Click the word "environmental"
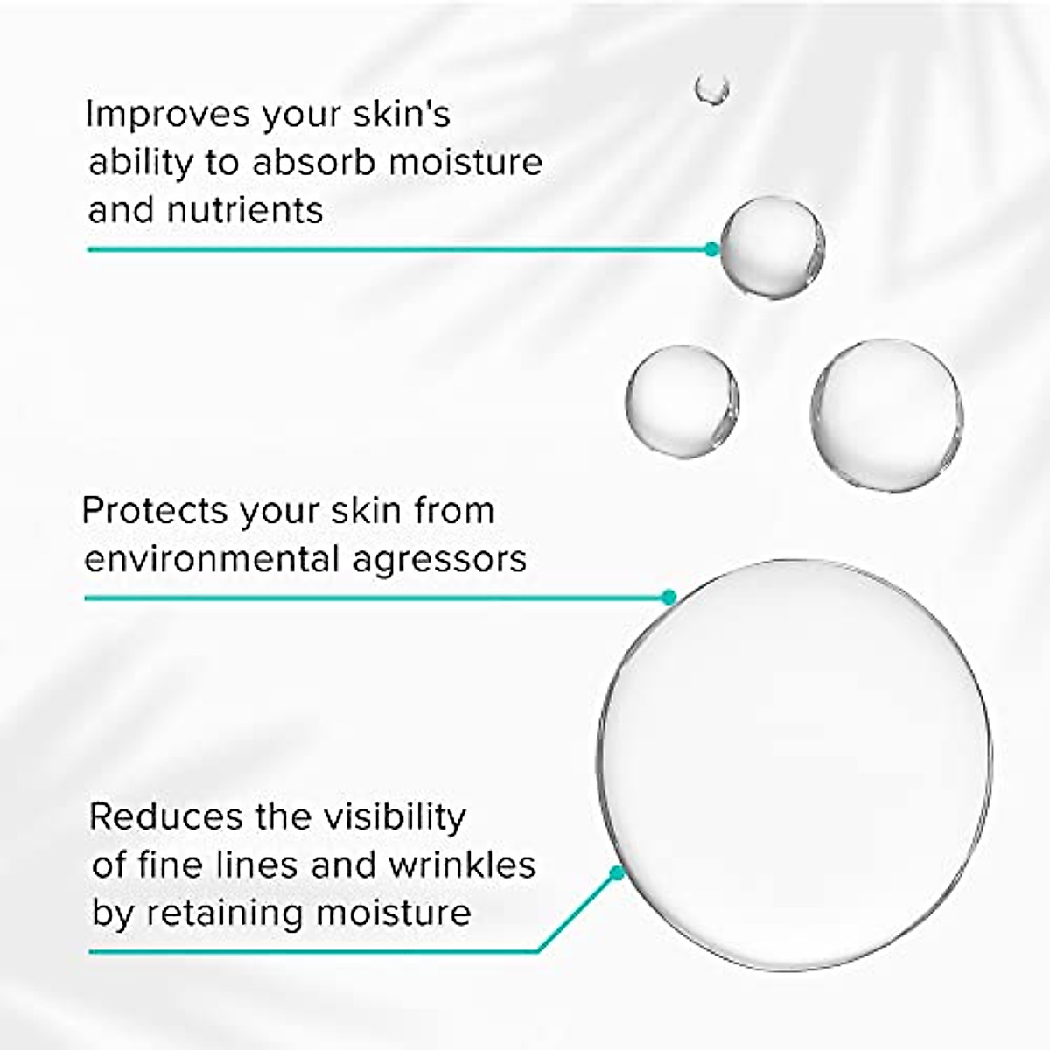210,559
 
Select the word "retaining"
223,913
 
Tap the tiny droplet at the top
712,87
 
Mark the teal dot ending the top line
711,249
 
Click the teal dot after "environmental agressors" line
669,598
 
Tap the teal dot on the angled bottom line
617,872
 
